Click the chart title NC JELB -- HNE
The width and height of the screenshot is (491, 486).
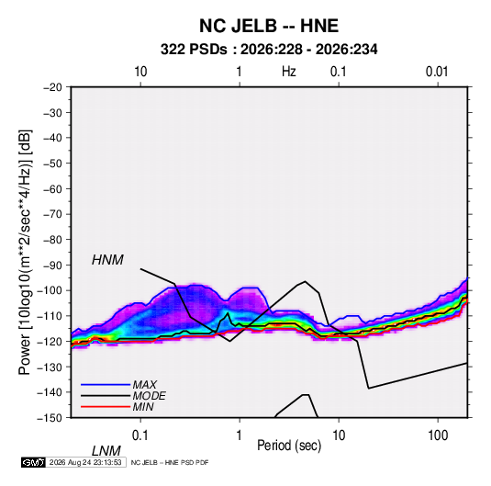pos(269,26)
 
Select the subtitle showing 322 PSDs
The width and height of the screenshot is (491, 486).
pos(269,50)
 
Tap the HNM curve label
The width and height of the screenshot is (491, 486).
pos(107,260)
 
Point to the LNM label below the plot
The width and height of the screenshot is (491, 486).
pos(106,451)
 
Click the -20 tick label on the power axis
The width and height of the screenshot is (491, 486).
pos(52,87)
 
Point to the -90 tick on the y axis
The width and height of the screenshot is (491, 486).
pos(52,266)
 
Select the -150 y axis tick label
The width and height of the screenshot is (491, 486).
pos(50,418)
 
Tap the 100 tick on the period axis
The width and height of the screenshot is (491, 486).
pos(438,435)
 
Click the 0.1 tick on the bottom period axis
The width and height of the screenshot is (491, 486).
pos(140,435)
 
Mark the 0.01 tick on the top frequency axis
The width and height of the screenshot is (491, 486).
pos(437,72)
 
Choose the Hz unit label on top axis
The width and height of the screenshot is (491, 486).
pos(289,72)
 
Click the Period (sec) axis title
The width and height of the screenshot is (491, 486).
pos(289,446)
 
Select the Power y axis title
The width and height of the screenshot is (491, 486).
pos(25,252)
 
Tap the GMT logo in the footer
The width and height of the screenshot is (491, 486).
pos(34,462)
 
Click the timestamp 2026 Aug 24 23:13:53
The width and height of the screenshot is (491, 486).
pos(85,462)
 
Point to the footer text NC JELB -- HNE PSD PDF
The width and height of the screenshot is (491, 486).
pos(170,462)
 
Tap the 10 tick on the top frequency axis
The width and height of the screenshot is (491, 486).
pos(140,72)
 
